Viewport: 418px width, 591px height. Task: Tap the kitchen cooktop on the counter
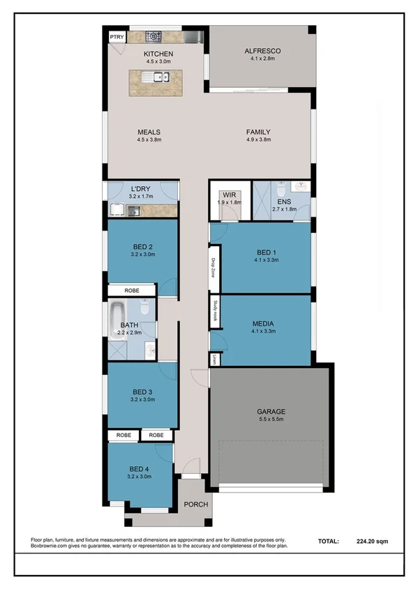click(x=153, y=36)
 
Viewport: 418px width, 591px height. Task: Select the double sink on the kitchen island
click(x=153, y=77)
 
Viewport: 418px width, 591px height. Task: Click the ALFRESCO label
click(x=262, y=51)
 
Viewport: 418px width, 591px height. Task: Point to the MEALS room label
click(x=149, y=132)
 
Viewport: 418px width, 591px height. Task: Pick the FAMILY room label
click(x=258, y=132)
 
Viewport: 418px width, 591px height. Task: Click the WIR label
click(x=228, y=195)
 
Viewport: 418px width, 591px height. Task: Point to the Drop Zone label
click(x=215, y=268)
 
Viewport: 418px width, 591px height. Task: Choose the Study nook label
click(x=215, y=309)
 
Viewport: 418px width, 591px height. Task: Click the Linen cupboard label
click(x=215, y=359)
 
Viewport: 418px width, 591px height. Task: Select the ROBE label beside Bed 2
click(x=131, y=291)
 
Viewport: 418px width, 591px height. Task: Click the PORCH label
click(x=195, y=505)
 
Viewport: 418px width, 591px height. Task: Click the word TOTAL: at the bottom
click(x=328, y=541)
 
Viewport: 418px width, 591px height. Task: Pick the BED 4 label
click(x=140, y=469)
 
